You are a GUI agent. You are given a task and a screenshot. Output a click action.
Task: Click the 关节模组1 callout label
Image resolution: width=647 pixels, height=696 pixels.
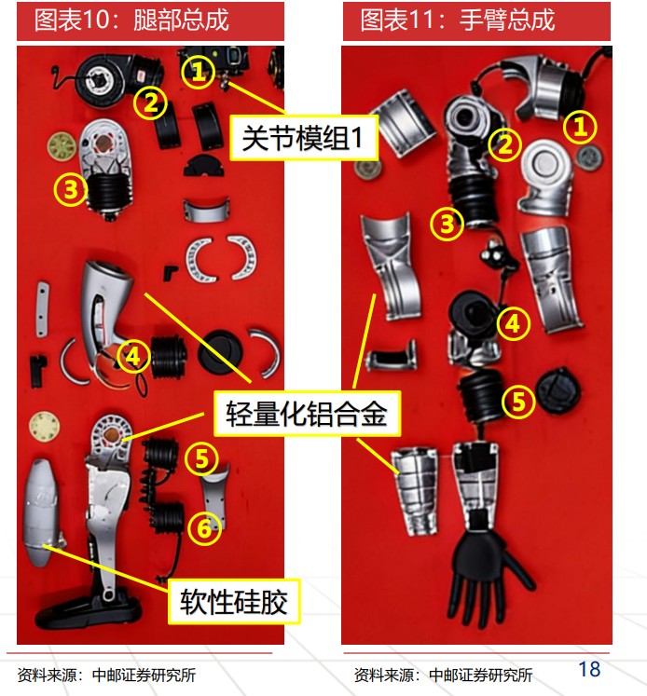[303, 138]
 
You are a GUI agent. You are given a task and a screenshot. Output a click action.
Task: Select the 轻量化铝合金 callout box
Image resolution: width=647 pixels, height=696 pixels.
[307, 414]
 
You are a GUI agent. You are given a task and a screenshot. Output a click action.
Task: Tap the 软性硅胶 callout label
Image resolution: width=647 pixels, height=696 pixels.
[234, 601]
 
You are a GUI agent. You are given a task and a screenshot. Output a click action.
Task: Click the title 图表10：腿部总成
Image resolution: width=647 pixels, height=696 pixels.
[131, 20]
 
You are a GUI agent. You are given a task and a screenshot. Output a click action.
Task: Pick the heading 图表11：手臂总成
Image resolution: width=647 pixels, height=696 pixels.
[458, 20]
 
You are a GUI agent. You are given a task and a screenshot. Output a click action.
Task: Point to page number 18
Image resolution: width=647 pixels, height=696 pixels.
[590, 669]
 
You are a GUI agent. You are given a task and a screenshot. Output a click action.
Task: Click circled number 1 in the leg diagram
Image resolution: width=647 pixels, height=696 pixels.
[198, 72]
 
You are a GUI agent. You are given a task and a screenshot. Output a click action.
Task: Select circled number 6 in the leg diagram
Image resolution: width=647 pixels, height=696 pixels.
[204, 528]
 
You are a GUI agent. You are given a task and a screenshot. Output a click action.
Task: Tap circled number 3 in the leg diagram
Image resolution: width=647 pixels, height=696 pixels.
[71, 189]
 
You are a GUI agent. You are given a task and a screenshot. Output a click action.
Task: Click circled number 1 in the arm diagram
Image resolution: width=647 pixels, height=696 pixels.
[580, 127]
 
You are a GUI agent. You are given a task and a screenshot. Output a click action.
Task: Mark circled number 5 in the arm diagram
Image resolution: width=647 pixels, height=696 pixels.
[518, 402]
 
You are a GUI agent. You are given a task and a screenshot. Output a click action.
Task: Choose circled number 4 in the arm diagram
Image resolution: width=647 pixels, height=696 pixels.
[514, 323]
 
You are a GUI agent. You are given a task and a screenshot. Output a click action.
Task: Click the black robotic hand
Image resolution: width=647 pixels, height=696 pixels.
[489, 573]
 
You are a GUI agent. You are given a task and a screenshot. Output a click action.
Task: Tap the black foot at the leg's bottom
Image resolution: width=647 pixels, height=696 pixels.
[89, 612]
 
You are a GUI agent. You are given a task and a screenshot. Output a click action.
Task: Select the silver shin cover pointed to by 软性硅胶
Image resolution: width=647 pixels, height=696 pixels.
[41, 512]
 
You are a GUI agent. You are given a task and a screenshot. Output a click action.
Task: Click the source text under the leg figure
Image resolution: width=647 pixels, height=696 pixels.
[106, 676]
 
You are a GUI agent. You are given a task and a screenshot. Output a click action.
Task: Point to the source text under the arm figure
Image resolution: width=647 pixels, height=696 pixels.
[443, 676]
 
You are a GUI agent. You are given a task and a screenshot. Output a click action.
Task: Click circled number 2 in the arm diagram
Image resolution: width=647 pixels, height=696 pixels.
[505, 144]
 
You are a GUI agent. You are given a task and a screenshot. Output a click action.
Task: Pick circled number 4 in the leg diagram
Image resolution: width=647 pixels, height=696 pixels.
[133, 357]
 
